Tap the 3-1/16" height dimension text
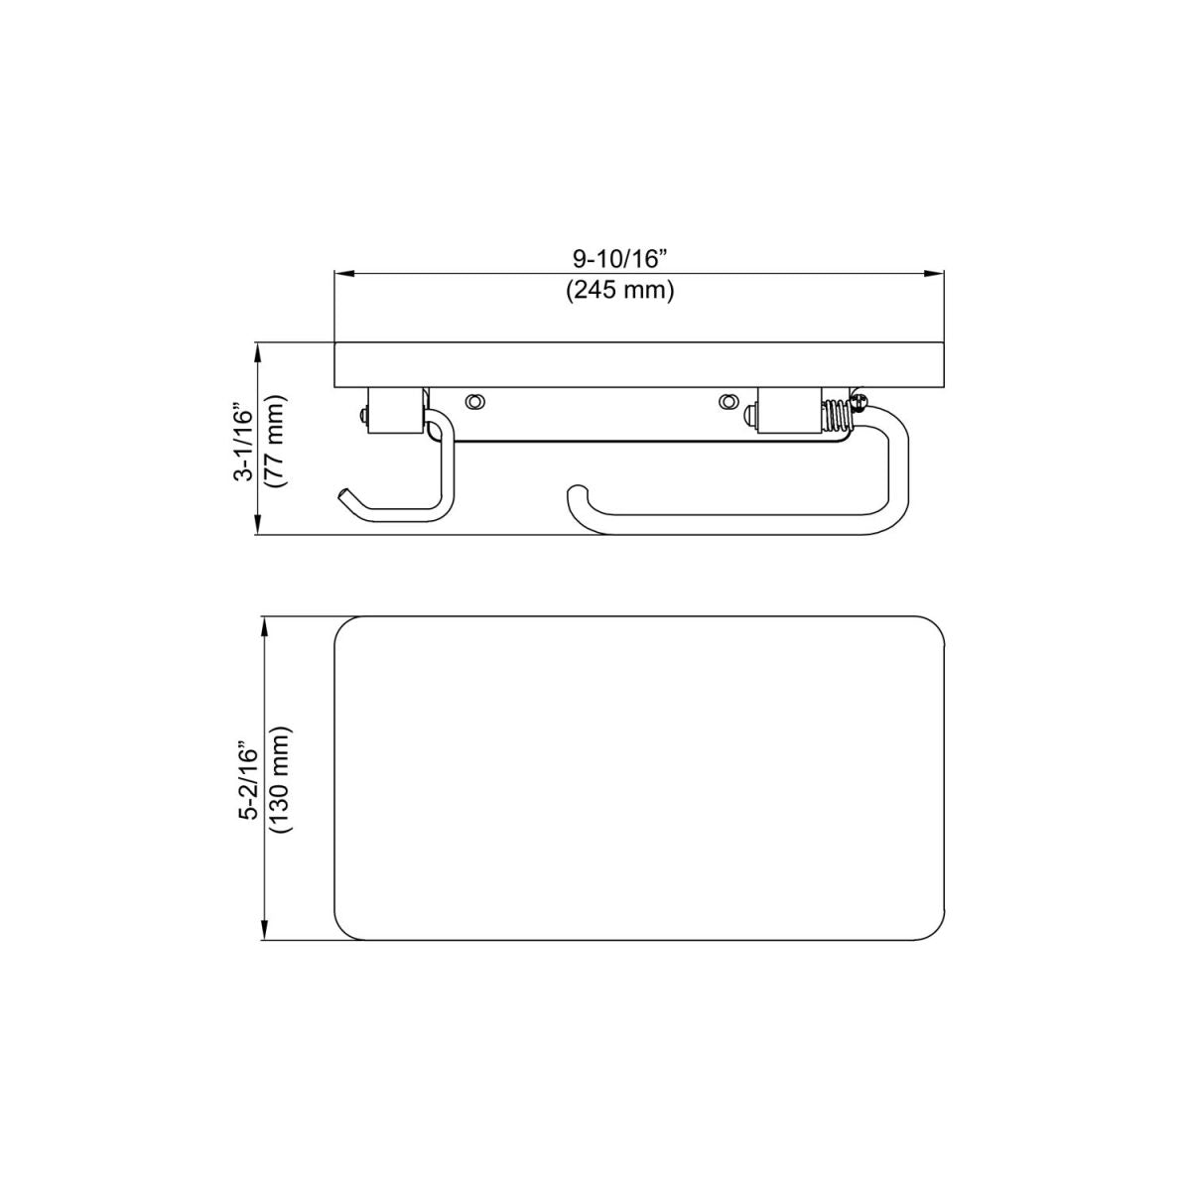[243, 442]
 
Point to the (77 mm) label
[275, 442]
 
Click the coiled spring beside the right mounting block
[836, 416]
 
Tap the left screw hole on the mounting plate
[475, 400]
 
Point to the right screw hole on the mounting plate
[729, 401]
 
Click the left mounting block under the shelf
[393, 410]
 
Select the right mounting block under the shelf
[788, 411]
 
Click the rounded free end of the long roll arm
[575, 496]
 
